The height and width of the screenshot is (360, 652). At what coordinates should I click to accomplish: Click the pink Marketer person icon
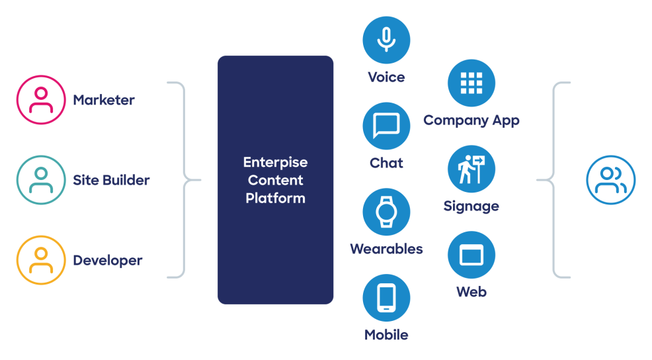[x=41, y=100]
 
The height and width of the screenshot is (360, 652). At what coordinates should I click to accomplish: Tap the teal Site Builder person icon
[x=41, y=180]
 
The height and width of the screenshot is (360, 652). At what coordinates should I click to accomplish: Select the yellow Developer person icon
[x=41, y=260]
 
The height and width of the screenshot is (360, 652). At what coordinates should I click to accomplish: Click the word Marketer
[x=104, y=101]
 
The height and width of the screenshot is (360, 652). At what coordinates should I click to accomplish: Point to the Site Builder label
[x=111, y=180]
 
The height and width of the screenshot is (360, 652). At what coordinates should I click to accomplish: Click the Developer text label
[x=108, y=261]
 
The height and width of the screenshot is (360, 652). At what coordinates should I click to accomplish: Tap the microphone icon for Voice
[x=386, y=40]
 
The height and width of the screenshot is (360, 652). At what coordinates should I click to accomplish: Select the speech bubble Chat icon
[x=386, y=126]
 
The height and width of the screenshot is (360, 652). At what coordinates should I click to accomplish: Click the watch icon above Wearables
[x=386, y=212]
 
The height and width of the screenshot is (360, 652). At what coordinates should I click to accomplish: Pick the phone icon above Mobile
[x=386, y=298]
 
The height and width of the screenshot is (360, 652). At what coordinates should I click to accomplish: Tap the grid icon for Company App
[x=471, y=83]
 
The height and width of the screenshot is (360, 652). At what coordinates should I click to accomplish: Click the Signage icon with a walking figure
[x=471, y=169]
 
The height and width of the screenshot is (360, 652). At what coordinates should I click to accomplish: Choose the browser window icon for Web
[x=471, y=255]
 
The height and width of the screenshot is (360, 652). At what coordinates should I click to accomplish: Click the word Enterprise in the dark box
[x=275, y=162]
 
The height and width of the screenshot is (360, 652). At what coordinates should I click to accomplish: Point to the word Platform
[x=275, y=198]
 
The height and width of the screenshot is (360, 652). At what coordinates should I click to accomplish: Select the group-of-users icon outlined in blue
[x=610, y=180]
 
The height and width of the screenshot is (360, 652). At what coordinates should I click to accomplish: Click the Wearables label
[x=386, y=249]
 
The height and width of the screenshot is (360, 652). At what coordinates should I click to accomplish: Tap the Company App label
[x=471, y=120]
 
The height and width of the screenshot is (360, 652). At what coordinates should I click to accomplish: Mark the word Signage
[x=471, y=206]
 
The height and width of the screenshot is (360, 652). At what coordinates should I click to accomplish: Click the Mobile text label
[x=386, y=335]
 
